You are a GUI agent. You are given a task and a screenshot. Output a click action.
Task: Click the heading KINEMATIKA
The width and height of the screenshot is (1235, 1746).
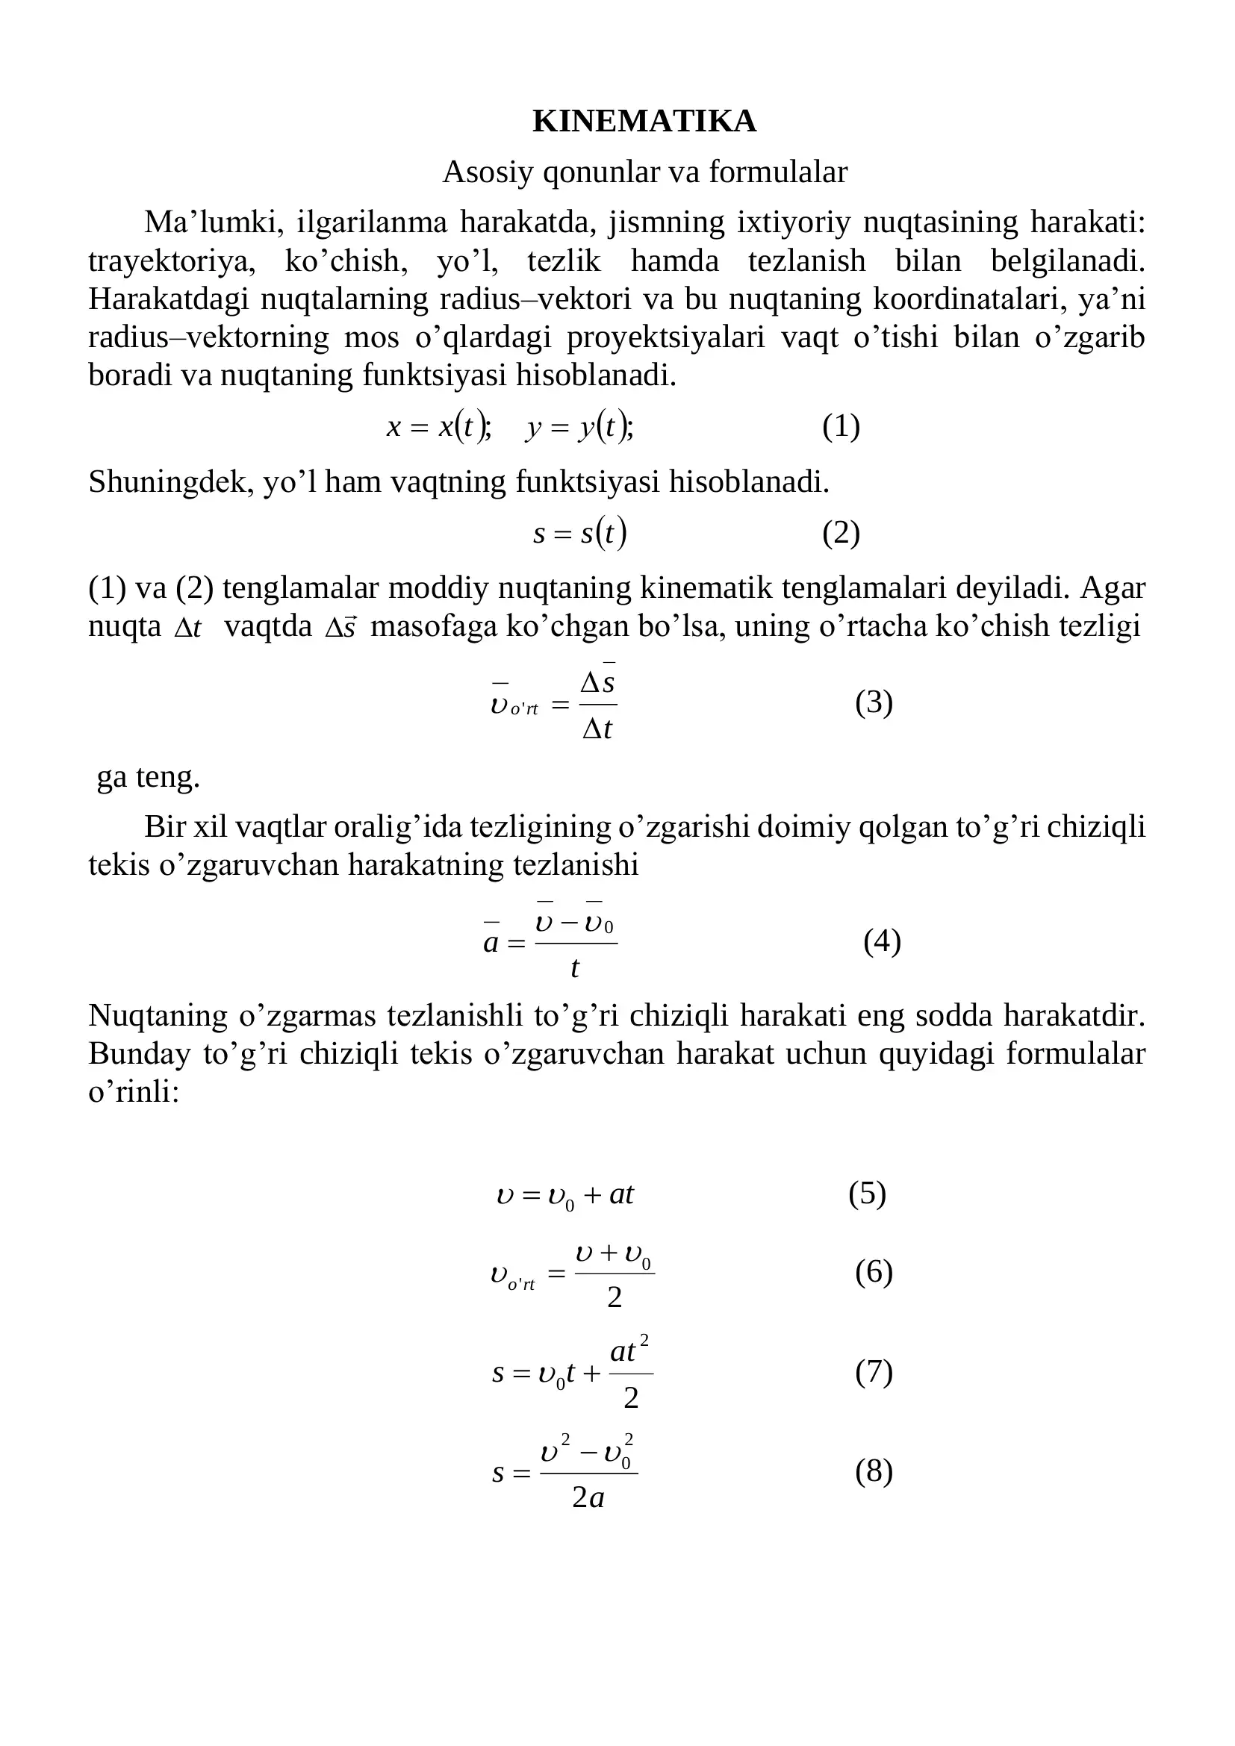tap(644, 122)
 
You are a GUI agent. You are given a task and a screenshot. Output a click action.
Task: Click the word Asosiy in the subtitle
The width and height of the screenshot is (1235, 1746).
tap(488, 172)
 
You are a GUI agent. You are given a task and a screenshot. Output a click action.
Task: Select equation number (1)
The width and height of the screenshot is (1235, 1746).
tap(840, 427)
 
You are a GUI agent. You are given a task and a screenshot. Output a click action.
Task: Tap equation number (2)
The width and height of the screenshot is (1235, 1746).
tap(840, 534)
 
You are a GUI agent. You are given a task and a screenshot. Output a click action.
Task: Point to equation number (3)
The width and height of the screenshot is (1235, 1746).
tap(874, 702)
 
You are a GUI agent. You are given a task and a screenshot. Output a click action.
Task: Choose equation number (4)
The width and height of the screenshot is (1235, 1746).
tap(881, 941)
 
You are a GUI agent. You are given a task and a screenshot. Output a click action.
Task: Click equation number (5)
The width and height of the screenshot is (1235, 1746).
tap(867, 1194)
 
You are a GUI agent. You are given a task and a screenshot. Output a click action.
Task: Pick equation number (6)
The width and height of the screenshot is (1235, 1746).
tap(874, 1272)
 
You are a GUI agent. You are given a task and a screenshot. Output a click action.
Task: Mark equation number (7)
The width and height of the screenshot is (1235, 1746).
tap(874, 1372)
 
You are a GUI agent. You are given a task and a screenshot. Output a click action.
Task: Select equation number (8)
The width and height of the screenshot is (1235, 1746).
tap(874, 1471)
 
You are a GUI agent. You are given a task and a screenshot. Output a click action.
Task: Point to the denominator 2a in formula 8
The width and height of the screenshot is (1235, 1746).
tap(588, 1497)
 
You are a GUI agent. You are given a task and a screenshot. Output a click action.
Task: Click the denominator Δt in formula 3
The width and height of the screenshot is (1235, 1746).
tap(597, 729)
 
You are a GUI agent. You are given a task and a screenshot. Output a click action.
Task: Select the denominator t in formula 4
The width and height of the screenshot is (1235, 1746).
tap(575, 968)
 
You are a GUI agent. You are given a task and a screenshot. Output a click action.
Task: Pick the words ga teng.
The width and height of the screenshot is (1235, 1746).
tap(149, 777)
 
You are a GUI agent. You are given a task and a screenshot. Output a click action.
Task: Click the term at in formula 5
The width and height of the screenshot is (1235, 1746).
tap(621, 1194)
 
